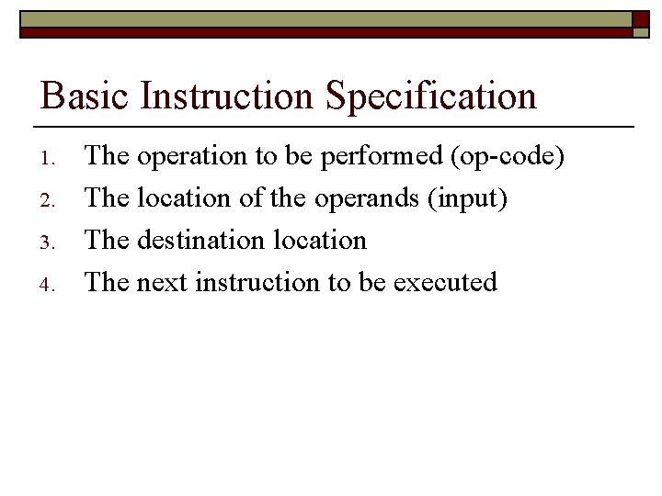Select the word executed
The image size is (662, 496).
[445, 282]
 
